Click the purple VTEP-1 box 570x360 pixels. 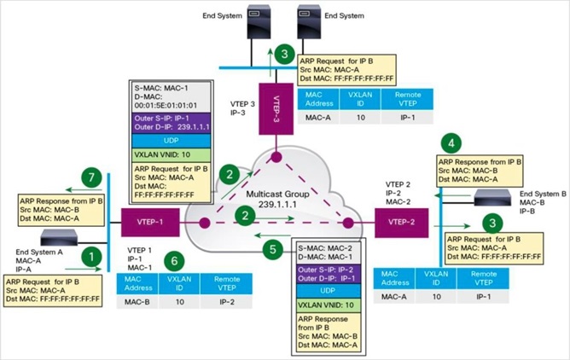point(150,223)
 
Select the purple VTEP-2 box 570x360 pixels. point(401,223)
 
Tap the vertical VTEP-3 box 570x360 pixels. point(276,109)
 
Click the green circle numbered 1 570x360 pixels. point(91,257)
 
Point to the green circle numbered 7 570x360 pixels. point(91,177)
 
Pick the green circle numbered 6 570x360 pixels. point(174,261)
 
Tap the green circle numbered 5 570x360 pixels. point(273,249)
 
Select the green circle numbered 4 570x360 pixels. point(451,143)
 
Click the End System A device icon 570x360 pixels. point(59,237)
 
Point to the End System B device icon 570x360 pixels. point(492,198)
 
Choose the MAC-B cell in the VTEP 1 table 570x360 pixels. point(137,302)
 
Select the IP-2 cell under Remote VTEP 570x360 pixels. point(227,302)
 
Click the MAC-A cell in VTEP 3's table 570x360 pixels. point(318,118)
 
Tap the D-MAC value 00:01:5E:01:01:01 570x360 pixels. point(166,106)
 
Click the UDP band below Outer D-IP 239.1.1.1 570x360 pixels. point(172,141)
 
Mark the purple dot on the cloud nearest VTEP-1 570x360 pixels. point(205,223)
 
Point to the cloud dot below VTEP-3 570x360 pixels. point(276,157)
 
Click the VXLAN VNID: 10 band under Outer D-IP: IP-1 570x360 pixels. point(329,305)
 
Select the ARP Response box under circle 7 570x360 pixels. point(61,210)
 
